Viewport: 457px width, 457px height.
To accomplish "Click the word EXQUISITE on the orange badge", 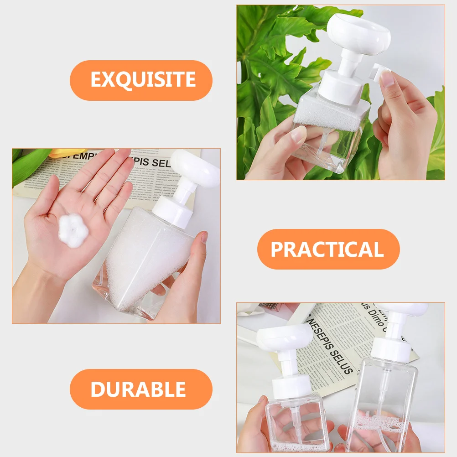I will click(x=143, y=80).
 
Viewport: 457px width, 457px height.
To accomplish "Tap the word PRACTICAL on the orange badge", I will click(x=327, y=249).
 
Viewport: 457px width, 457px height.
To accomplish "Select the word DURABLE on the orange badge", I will click(x=138, y=389).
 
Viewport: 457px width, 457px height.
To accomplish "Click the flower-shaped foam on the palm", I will click(x=73, y=230).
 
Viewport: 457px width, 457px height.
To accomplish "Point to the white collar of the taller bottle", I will click(x=390, y=348).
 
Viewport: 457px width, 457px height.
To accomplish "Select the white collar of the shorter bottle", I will click(x=291, y=388).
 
